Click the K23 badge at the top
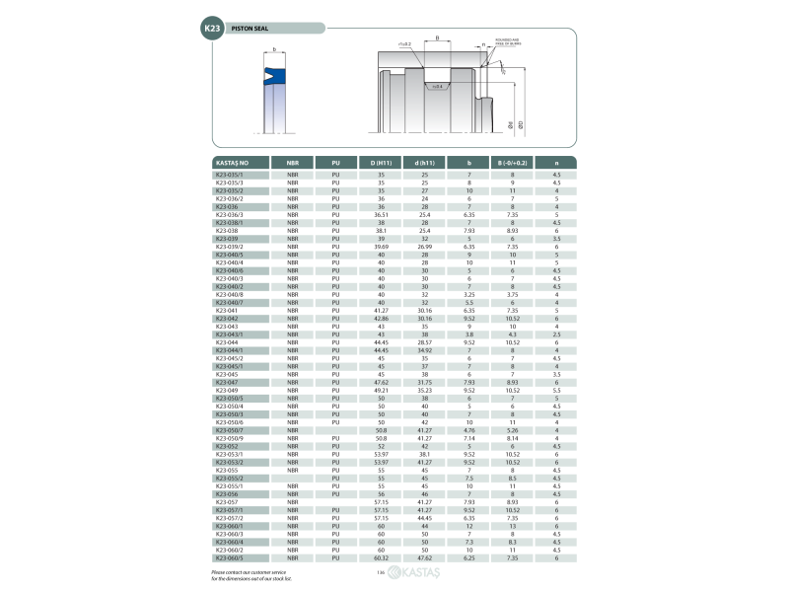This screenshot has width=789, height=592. coord(212,29)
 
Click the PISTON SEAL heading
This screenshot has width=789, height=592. coord(250,29)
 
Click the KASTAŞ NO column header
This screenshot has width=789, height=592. coord(232,162)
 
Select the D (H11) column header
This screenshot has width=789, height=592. coord(381,162)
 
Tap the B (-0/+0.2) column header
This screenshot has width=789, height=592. coord(512,162)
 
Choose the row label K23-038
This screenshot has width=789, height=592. coord(226,231)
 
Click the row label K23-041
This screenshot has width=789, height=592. coord(226,311)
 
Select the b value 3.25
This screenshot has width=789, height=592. coord(469,294)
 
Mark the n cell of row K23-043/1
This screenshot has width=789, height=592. coord(557,334)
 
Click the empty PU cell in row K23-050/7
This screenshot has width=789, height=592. coord(336,430)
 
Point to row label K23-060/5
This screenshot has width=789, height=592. coord(230,559)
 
